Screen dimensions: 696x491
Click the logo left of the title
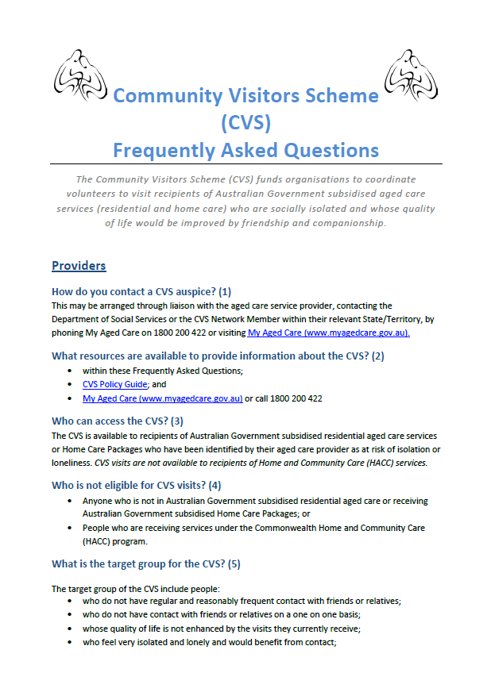pyautogui.click(x=80, y=79)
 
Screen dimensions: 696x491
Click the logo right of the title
pyautogui.click(x=411, y=79)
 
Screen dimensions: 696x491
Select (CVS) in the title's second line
pyautogui.click(x=246, y=123)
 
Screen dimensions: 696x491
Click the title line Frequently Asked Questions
pyautogui.click(x=246, y=150)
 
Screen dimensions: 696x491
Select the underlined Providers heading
pyautogui.click(x=79, y=265)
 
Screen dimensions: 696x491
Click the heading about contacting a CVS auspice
pyautogui.click(x=141, y=291)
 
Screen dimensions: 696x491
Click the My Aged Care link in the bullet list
pyautogui.click(x=162, y=398)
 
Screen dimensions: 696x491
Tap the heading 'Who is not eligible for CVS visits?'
pyautogui.click(x=136, y=485)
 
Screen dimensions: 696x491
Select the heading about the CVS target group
pyautogui.click(x=145, y=564)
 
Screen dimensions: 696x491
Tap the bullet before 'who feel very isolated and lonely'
pyautogui.click(x=72, y=643)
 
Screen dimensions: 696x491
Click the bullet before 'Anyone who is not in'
pyautogui.click(x=72, y=501)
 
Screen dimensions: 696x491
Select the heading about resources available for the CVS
pyautogui.click(x=218, y=356)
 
